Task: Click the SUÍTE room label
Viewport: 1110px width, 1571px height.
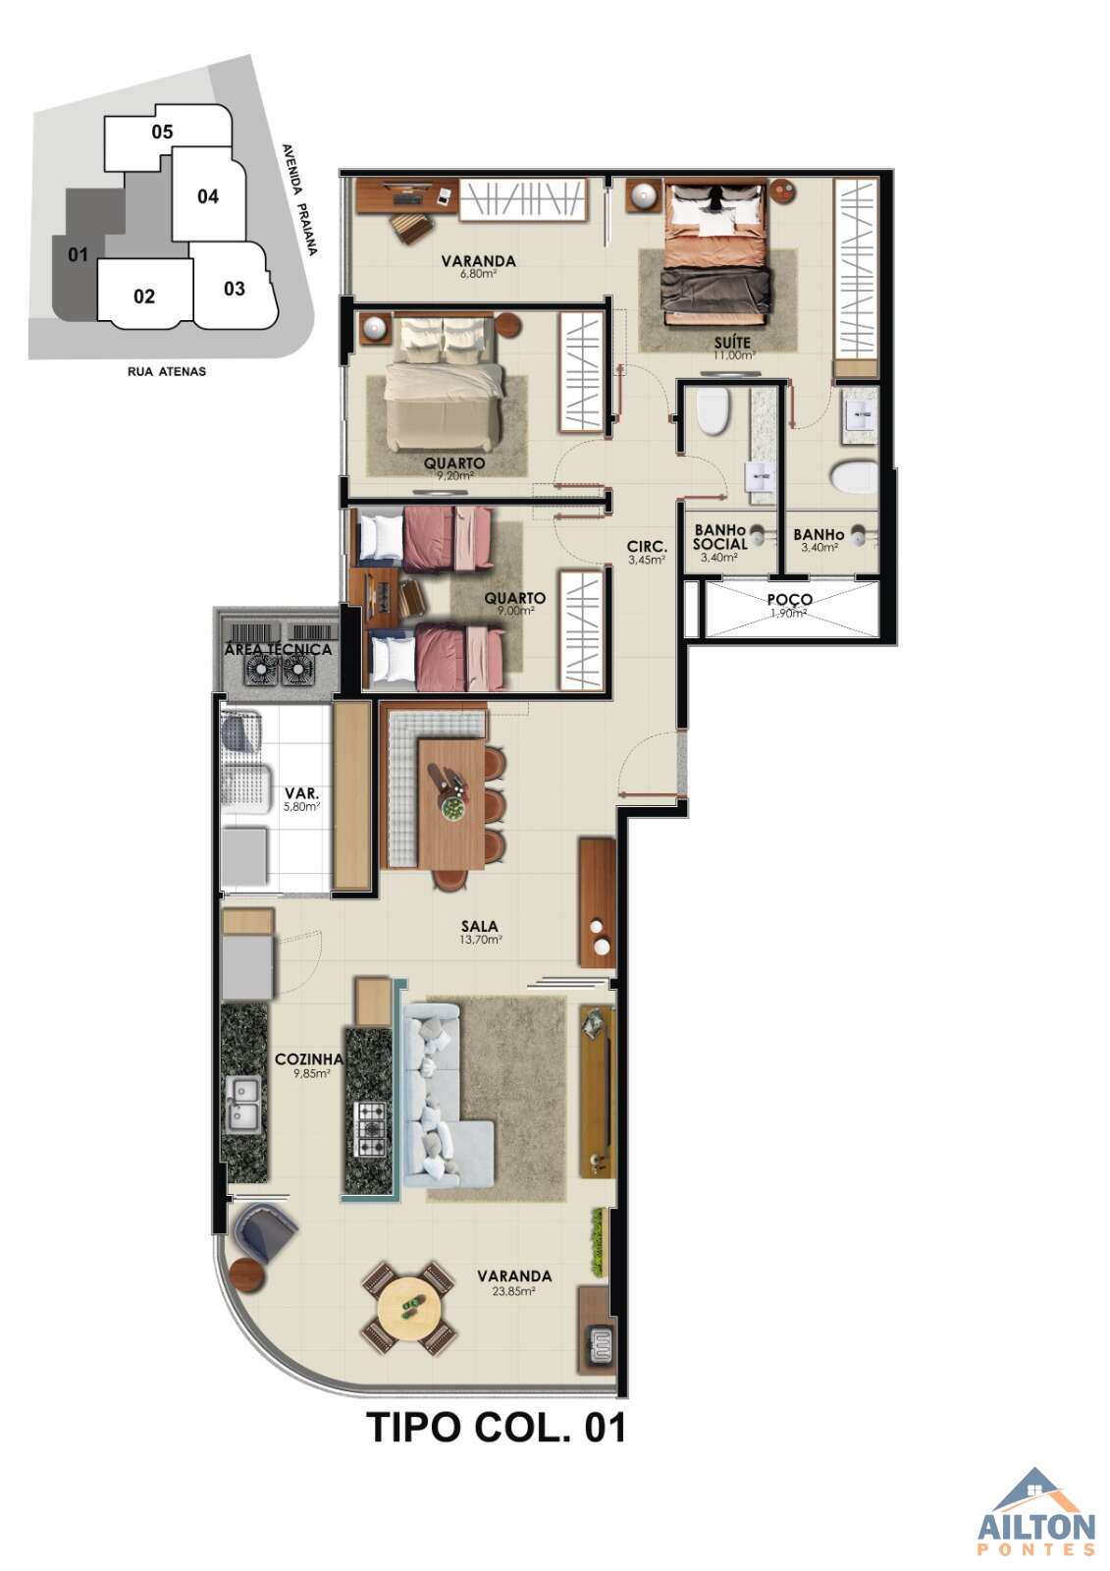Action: pyautogui.click(x=732, y=343)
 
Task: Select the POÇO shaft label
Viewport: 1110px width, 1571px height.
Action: pyautogui.click(x=789, y=600)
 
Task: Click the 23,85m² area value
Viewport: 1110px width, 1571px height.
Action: pyautogui.click(x=514, y=1291)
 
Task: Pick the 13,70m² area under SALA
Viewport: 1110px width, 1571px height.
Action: pyautogui.click(x=480, y=941)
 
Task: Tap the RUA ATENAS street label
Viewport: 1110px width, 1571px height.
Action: pyautogui.click(x=167, y=372)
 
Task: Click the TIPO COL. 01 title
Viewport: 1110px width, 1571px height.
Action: pyautogui.click(x=496, y=1428)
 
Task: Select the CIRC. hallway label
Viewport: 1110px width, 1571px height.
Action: pyautogui.click(x=647, y=546)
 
